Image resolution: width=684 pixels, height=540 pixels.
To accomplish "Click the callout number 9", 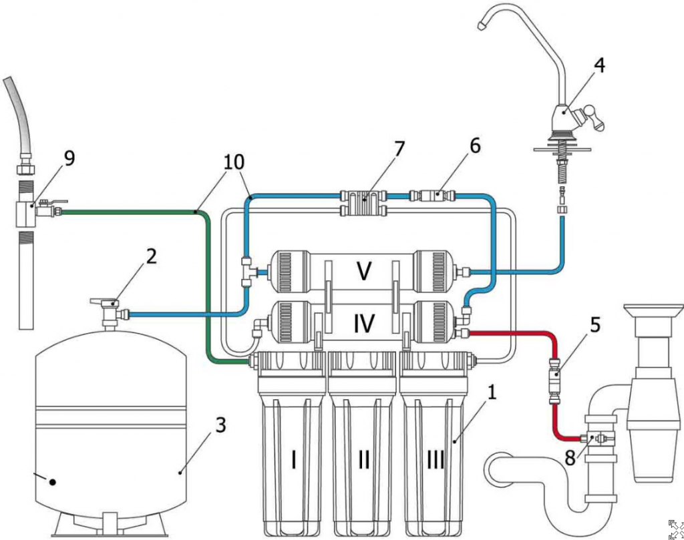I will click(69, 159).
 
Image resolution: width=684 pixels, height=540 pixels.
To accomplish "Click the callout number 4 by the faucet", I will click(599, 65).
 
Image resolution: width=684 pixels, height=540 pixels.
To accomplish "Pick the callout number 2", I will click(152, 258).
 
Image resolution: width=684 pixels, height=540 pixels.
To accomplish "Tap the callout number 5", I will click(594, 325).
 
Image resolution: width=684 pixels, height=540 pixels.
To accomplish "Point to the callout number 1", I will click(492, 394).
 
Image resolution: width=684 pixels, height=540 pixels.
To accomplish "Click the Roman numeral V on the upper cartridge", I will click(363, 271).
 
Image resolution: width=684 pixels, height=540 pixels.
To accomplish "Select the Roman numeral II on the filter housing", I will click(364, 459).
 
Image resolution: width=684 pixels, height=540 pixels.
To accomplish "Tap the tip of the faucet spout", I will click(481, 25).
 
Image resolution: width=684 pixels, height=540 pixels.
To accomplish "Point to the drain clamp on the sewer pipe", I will click(598, 439).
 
